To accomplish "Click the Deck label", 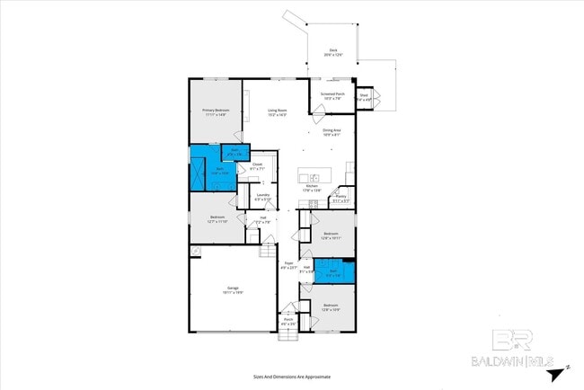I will click(x=332, y=52).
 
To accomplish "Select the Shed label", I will click(x=364, y=96).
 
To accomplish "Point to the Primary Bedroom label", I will click(x=214, y=112).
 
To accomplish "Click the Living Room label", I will click(x=276, y=112).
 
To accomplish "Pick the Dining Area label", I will click(x=332, y=133).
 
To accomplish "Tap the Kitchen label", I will click(x=312, y=189).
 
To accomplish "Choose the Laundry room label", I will click(x=263, y=197).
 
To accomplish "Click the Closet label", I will click(x=257, y=167).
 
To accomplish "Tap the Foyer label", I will click(x=288, y=267).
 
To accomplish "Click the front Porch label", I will click(x=288, y=322).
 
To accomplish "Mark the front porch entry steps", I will click(x=288, y=336).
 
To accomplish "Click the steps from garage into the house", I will click(x=267, y=250).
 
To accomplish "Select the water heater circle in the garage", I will click(x=195, y=251).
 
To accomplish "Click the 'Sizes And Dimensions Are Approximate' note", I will click(x=291, y=377).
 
